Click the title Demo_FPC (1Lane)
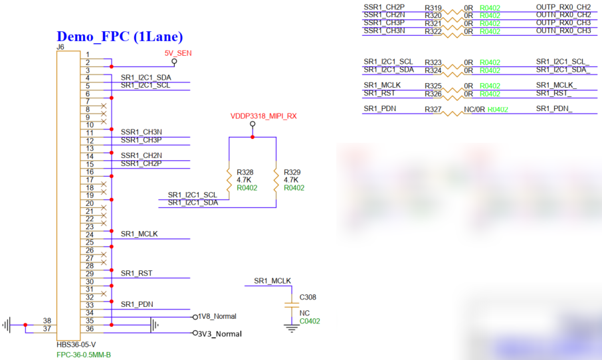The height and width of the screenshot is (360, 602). (120, 37)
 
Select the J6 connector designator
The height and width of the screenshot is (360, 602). (60, 47)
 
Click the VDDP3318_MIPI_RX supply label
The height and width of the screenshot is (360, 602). (263, 116)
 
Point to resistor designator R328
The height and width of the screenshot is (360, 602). (245, 172)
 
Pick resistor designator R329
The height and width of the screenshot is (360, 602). (292, 172)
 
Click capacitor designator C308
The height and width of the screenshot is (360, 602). (308, 297)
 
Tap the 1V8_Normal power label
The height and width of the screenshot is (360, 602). (217, 317)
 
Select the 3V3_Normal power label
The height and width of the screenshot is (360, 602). (219, 333)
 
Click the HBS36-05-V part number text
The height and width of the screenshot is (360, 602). (76, 345)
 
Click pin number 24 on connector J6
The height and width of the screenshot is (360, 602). (90, 234)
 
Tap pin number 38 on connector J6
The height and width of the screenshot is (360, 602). (47, 320)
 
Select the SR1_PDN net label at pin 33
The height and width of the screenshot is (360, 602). (137, 304)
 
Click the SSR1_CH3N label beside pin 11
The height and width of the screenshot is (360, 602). (142, 132)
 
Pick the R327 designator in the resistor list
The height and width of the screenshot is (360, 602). (433, 109)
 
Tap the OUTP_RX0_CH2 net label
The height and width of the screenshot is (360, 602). (563, 7)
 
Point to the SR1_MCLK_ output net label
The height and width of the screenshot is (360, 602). (556, 86)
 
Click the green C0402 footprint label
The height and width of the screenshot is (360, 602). (310, 321)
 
